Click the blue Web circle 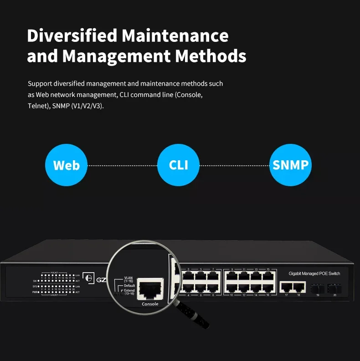tap(67, 165)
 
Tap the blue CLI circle tap(179, 165)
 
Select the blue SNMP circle tap(290, 165)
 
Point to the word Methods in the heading tap(211, 56)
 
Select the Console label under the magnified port tap(150, 304)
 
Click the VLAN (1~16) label tap(129, 279)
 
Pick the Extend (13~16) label tap(129, 291)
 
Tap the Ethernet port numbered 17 tap(287, 287)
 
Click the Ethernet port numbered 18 tap(299, 287)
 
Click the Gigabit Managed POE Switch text tap(314, 274)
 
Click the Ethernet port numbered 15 tap(268, 276)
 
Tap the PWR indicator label tap(35, 292)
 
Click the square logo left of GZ tap(90, 280)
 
